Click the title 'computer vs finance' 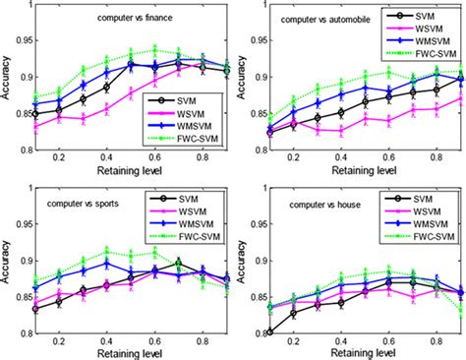point(135,18)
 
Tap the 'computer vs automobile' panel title point(325,20)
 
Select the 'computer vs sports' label point(83,204)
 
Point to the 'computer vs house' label point(324,205)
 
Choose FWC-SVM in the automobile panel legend point(436,54)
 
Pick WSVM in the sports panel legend point(193,211)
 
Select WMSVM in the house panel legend point(431,224)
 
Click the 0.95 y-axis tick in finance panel point(24,41)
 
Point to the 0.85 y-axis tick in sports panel point(24,297)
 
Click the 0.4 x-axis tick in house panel point(341,341)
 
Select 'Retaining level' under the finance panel point(130,171)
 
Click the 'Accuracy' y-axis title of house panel point(241,262)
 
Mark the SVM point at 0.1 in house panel point(269,332)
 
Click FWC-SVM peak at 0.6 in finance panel point(154,50)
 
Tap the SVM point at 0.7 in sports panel point(178,263)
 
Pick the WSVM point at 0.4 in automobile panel point(341,131)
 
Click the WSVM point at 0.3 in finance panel point(84,119)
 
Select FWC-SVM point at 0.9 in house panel point(461,310)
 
